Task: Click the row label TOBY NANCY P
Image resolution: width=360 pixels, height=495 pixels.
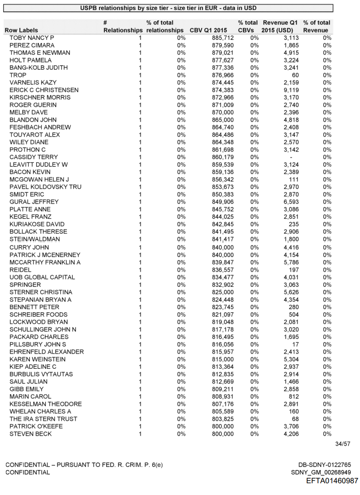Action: tap(32, 38)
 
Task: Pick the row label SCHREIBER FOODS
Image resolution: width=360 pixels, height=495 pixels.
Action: tap(38, 314)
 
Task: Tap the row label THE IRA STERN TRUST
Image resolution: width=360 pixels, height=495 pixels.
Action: tap(43, 419)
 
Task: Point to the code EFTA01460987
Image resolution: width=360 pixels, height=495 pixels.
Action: tap(332, 481)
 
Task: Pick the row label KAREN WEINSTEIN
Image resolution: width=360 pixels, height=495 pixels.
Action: tap(38, 359)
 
